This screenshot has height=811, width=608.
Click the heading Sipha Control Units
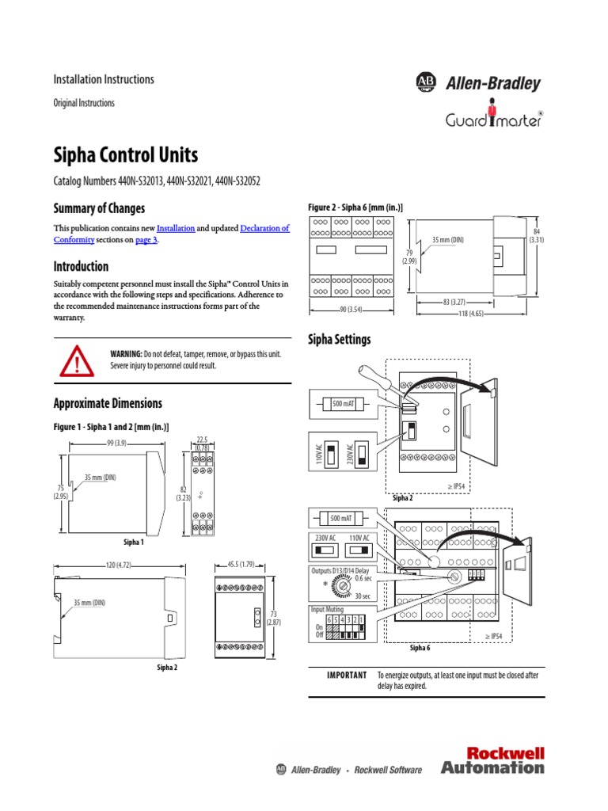[x=125, y=154]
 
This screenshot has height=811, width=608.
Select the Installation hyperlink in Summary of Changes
[x=175, y=228]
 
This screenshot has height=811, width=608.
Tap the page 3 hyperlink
[x=146, y=240]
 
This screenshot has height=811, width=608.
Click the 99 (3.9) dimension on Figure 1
[x=116, y=444]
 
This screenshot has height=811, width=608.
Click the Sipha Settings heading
[x=339, y=340]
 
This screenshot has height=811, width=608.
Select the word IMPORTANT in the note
[x=347, y=675]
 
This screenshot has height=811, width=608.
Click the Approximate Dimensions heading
[x=107, y=403]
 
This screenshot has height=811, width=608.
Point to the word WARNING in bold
[x=126, y=353]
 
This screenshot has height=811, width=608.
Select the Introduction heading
[x=81, y=266]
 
